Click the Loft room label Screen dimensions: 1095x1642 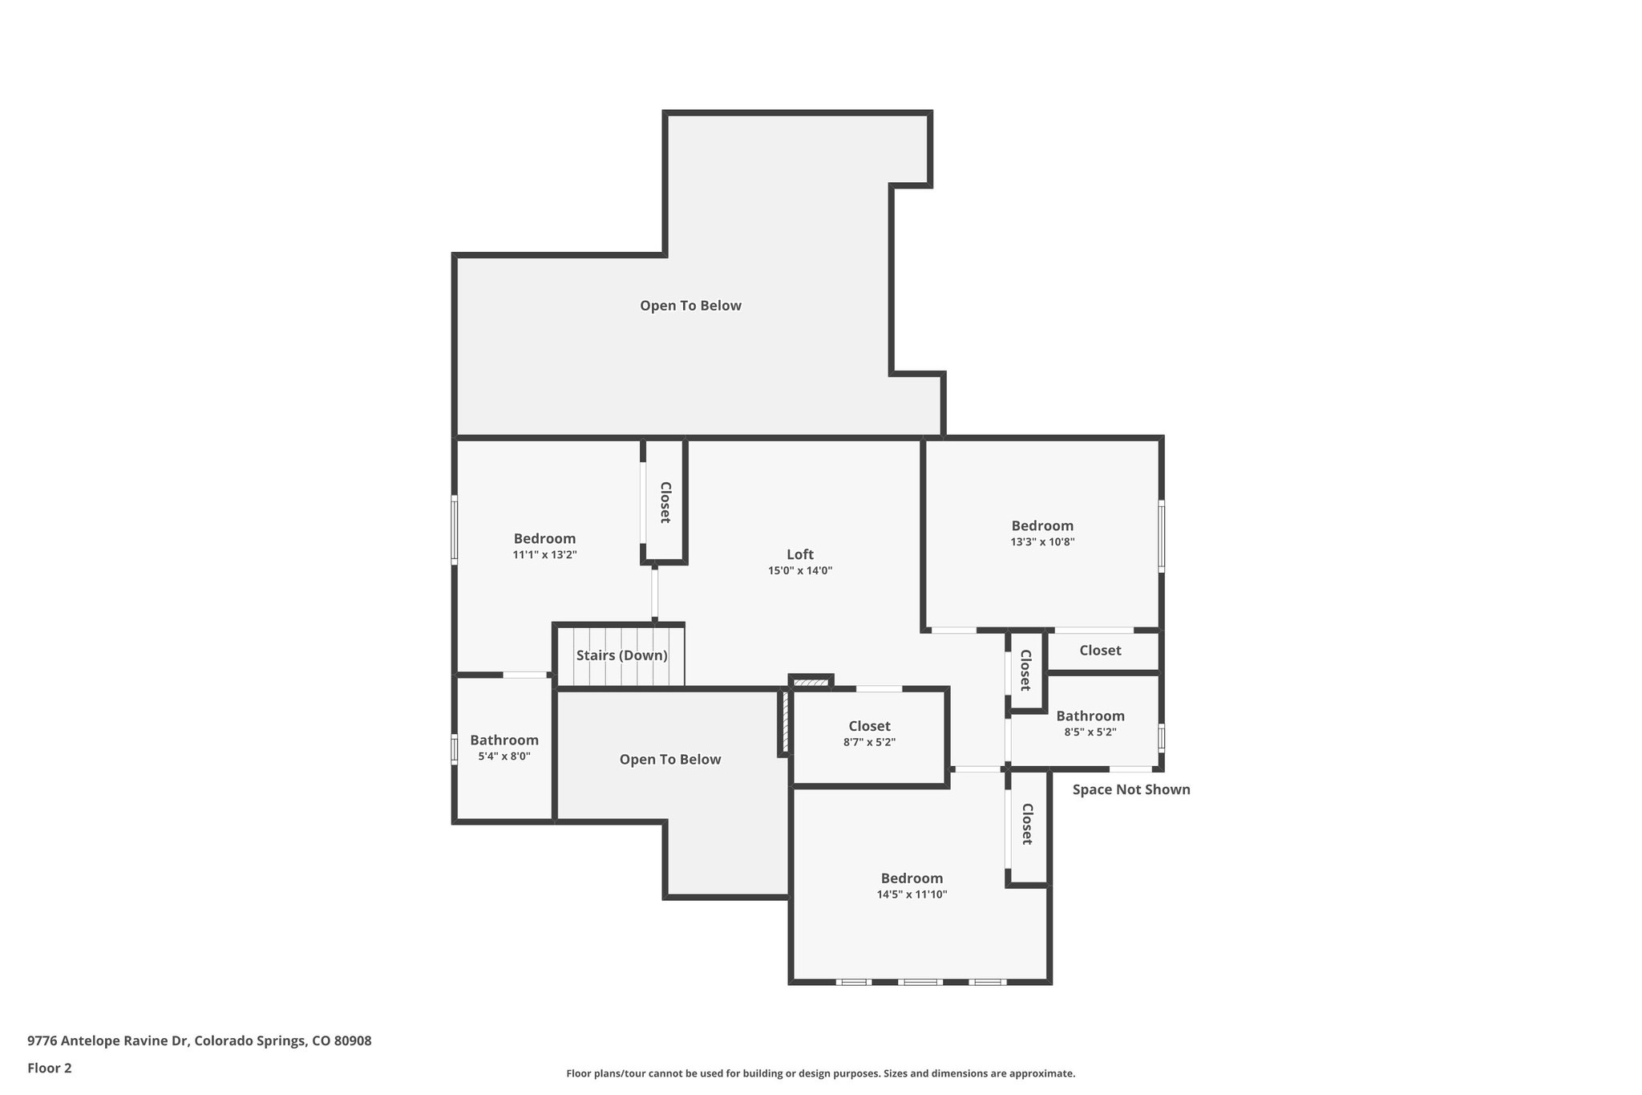(799, 554)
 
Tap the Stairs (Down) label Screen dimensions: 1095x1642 (621, 655)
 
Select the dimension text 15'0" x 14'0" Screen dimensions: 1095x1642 (799, 571)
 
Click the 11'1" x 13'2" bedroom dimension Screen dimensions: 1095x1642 (544, 555)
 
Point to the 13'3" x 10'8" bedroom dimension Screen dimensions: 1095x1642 (1041, 542)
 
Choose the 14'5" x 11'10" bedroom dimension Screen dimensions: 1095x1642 (912, 894)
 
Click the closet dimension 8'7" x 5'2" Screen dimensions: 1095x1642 (869, 743)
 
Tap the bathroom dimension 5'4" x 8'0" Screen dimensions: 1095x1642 (504, 756)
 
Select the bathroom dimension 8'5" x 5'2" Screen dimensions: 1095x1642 (1090, 732)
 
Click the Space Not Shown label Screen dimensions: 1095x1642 (1130, 789)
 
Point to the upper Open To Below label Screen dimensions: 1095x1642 (690, 306)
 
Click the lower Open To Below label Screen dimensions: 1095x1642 (669, 760)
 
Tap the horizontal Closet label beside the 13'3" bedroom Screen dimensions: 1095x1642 (1099, 651)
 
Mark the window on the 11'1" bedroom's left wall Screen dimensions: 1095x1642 (454, 529)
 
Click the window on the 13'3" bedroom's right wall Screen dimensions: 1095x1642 (1161, 536)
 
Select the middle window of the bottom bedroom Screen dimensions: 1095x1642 (920, 982)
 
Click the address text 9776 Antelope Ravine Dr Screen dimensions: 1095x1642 (199, 1041)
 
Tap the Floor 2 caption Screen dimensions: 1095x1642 (50, 1068)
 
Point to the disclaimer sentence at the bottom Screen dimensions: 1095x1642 (820, 1073)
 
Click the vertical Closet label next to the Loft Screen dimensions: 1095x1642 (665, 502)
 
